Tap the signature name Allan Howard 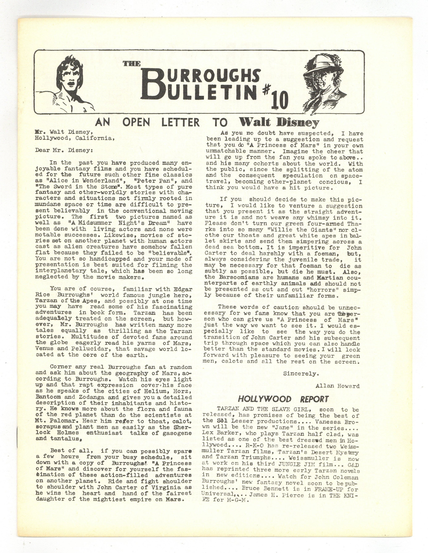(337, 386)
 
